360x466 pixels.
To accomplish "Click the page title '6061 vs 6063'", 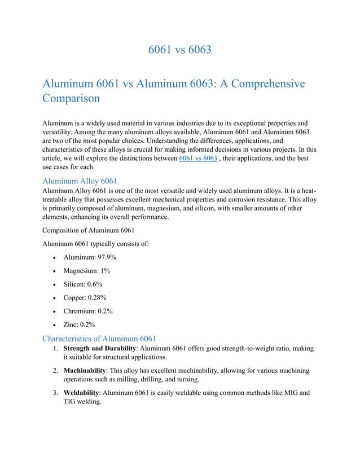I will point(179,50).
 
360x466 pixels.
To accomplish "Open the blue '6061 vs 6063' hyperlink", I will point(197,160).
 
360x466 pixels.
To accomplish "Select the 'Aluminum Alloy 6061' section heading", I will point(80,181).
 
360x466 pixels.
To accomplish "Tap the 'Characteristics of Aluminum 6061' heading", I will point(99,338).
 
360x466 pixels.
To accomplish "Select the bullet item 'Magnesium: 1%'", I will point(86,271).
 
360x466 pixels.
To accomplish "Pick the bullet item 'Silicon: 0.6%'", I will point(82,284).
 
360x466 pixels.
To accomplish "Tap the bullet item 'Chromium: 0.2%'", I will point(88,311).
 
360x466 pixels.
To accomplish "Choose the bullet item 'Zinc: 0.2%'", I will point(79,325).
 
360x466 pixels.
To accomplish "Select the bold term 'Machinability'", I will point(85,370).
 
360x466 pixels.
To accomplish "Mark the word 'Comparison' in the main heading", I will point(71,98).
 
